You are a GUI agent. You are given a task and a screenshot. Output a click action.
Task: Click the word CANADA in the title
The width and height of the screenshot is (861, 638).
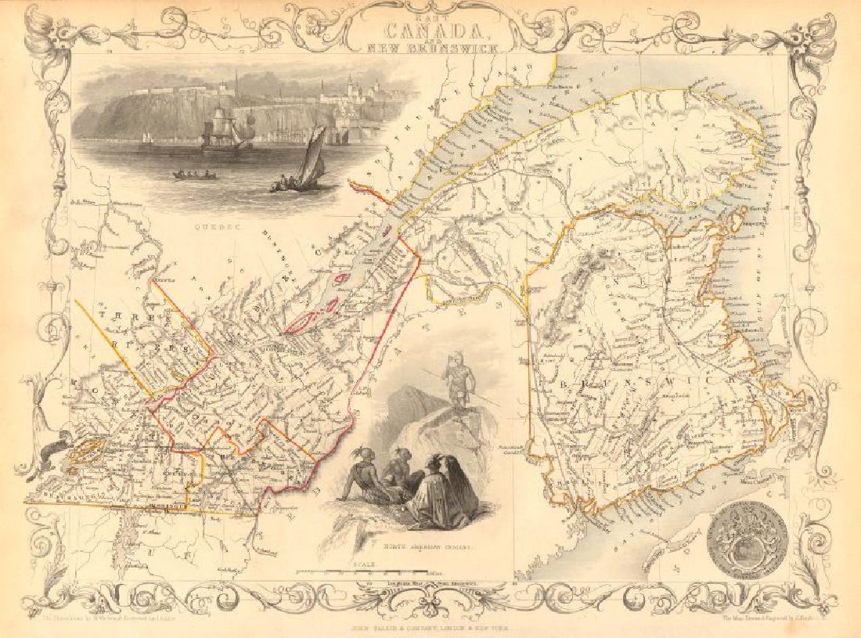coord(430,28)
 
